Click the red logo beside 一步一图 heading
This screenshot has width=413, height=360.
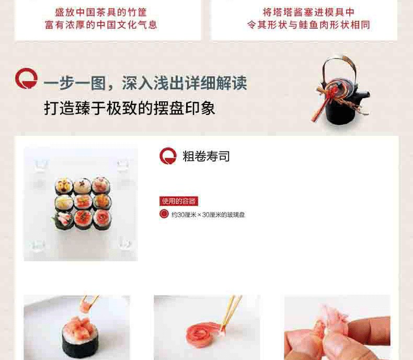26,78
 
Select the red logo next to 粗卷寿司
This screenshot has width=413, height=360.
168,156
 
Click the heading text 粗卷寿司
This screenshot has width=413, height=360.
206,156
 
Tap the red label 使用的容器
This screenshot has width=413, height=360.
179,201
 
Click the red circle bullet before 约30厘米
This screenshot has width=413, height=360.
164,214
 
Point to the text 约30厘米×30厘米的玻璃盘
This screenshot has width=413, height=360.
208,215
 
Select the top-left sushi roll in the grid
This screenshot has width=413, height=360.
64,187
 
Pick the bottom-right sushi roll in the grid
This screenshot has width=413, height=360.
102,219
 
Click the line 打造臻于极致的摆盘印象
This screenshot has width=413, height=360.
130,108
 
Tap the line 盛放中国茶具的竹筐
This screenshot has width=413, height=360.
101,12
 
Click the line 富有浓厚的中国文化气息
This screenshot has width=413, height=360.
101,25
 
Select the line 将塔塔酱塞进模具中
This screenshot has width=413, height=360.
308,12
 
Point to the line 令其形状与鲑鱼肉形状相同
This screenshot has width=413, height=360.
308,25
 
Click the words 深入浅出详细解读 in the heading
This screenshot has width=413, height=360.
184,83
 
